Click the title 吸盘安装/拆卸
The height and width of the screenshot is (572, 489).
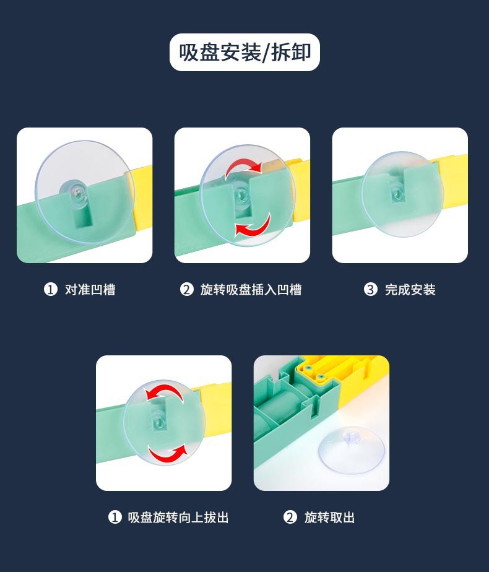click(x=244, y=52)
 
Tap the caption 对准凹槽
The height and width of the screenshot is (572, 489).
click(x=90, y=290)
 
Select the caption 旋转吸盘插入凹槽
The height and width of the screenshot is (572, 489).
click(x=251, y=290)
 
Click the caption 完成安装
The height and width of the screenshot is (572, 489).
click(x=410, y=290)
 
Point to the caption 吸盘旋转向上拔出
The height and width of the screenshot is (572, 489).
click(x=178, y=518)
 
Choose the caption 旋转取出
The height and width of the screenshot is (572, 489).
click(x=330, y=518)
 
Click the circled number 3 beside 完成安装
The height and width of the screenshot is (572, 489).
click(x=371, y=290)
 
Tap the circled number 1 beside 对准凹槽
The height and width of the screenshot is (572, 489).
click(x=50, y=290)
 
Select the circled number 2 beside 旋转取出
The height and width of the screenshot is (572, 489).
click(x=290, y=518)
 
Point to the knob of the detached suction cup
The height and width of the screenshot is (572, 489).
click(x=352, y=436)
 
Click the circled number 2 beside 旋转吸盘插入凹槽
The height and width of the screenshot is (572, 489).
click(x=186, y=290)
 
